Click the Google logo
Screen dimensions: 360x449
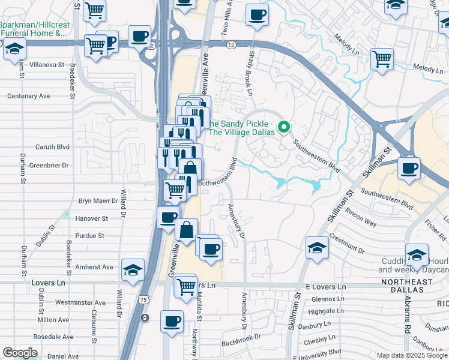(x=20, y=353)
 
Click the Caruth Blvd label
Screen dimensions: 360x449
(x=53, y=147)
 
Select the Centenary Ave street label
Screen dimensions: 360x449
(x=29, y=96)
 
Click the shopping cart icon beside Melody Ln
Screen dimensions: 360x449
(x=382, y=59)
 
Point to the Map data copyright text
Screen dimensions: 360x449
(x=403, y=355)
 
